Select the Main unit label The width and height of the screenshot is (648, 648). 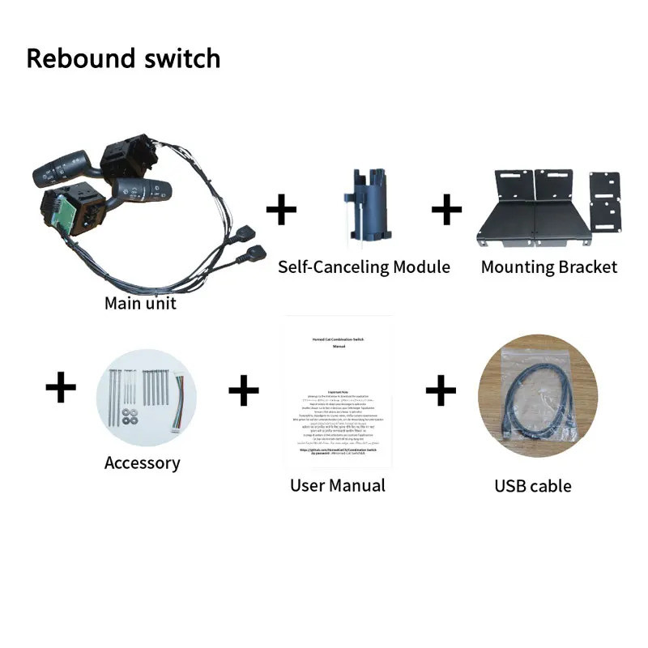tap(140, 305)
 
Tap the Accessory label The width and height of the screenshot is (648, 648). tap(142, 463)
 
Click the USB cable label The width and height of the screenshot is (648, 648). tap(533, 487)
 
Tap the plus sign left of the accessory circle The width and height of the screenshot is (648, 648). tap(61, 389)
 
